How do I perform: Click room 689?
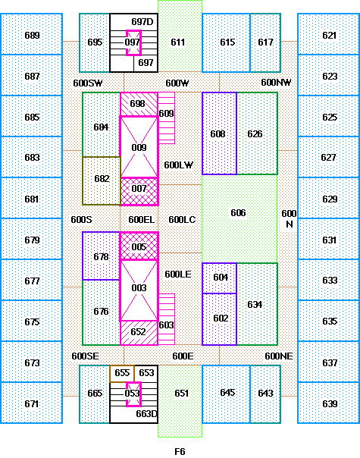(32, 34)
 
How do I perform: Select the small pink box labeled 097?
(133, 42)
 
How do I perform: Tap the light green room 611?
(180, 36)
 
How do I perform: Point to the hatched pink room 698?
(139, 104)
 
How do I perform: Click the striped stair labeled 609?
(167, 118)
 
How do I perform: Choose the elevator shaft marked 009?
(139, 147)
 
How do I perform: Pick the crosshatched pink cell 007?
(139, 191)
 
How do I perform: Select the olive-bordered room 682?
(102, 180)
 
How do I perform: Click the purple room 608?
(219, 133)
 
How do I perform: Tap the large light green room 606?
(239, 218)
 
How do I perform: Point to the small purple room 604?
(219, 278)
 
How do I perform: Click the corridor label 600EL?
(141, 220)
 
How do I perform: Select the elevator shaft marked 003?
(139, 290)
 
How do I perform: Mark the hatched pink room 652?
(139, 333)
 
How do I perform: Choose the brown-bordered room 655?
(122, 373)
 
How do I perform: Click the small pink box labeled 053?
(133, 394)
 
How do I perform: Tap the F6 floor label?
(180, 452)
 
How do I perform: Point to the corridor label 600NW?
(276, 83)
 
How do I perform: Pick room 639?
(328, 403)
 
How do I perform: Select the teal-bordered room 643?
(265, 394)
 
